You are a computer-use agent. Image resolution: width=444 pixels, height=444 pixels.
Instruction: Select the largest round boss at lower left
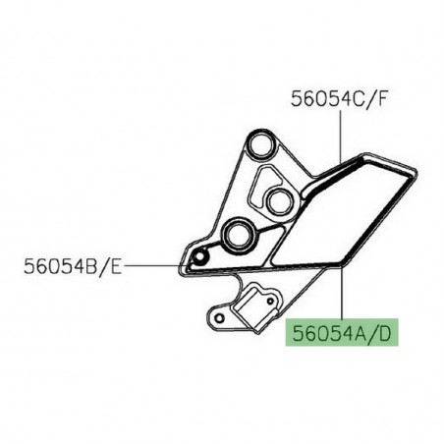(x=239, y=235)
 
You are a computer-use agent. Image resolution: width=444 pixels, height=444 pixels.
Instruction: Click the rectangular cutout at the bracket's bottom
(x=257, y=299)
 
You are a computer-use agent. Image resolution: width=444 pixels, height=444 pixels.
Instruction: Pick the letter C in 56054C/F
(x=359, y=98)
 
